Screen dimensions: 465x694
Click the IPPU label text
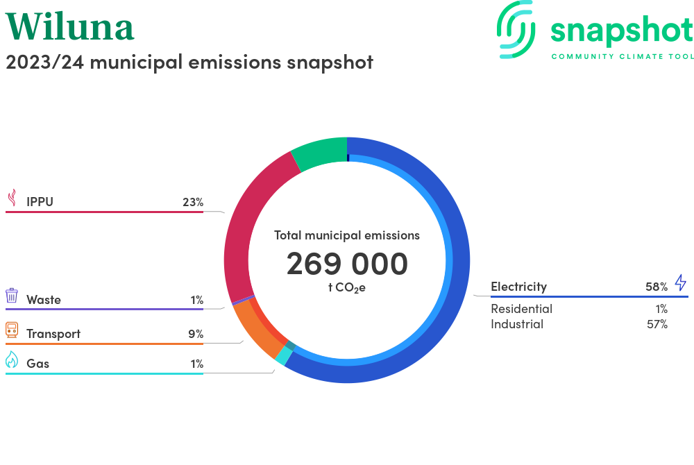[x=40, y=202]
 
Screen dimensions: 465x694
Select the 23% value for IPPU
[x=192, y=202]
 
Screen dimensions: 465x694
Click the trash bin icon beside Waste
[x=12, y=296]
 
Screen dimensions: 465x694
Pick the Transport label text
[x=53, y=334]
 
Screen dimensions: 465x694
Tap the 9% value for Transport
[x=196, y=334]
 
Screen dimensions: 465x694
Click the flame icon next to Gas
[x=12, y=360]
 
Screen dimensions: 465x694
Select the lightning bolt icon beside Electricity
[x=680, y=282]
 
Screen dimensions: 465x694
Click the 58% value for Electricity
[x=656, y=286]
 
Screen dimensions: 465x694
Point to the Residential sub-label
[x=521, y=309]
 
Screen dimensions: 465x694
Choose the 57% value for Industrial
[x=656, y=324]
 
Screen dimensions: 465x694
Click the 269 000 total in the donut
[x=347, y=264]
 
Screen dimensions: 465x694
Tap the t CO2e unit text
[x=346, y=287]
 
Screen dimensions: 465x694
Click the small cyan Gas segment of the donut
[x=282, y=356]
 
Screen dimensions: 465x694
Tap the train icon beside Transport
[x=12, y=330]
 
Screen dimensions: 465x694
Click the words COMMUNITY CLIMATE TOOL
[x=622, y=56]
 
